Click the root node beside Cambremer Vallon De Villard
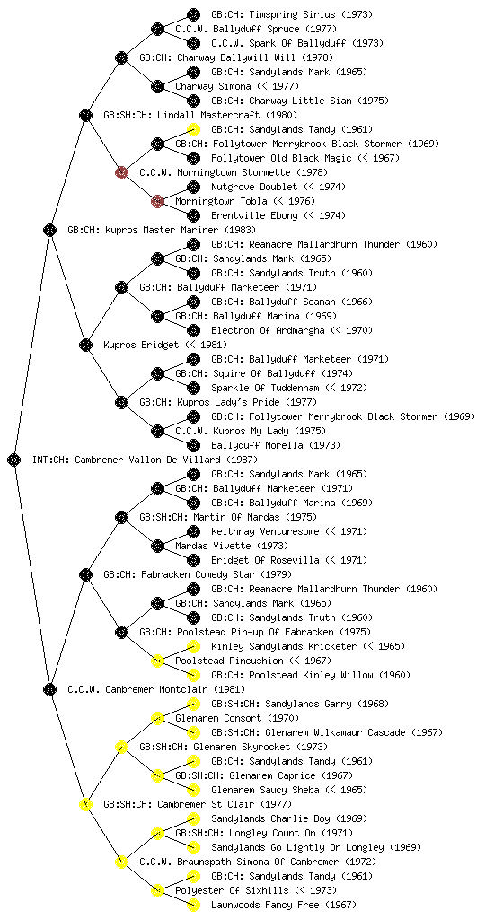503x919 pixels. pyautogui.click(x=14, y=459)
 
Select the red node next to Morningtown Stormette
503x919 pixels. pyautogui.click(x=121, y=172)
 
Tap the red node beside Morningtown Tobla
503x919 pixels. pyautogui.click(x=157, y=201)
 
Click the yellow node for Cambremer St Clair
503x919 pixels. pyautogui.click(x=85, y=804)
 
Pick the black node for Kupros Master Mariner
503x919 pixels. pyautogui.click(x=49, y=230)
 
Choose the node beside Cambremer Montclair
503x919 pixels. pyautogui.click(x=49, y=689)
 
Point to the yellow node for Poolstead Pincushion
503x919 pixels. pyautogui.click(x=157, y=661)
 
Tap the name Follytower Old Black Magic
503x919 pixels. pyautogui.click(x=281, y=158)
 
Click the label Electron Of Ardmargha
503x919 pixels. pyautogui.click(x=268, y=330)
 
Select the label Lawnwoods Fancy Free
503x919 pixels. pyautogui.click(x=265, y=905)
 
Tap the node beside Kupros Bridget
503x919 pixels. pyautogui.click(x=85, y=345)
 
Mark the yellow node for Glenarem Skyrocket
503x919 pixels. pyautogui.click(x=121, y=747)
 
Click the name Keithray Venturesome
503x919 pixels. pyautogui.click(x=265, y=531)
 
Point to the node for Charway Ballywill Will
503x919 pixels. pyautogui.click(x=121, y=57)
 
